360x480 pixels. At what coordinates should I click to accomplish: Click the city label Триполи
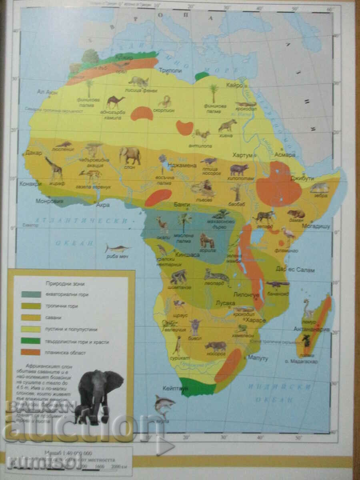[171, 71]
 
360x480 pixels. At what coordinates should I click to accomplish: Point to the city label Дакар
[33, 152]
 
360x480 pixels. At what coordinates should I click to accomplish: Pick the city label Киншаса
[185, 254]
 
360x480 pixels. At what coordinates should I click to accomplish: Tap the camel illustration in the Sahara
[115, 102]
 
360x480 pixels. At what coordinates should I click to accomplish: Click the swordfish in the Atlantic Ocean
[117, 248]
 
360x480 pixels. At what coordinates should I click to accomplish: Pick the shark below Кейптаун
[164, 403]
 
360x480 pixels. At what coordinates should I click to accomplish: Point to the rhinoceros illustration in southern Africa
[216, 346]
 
